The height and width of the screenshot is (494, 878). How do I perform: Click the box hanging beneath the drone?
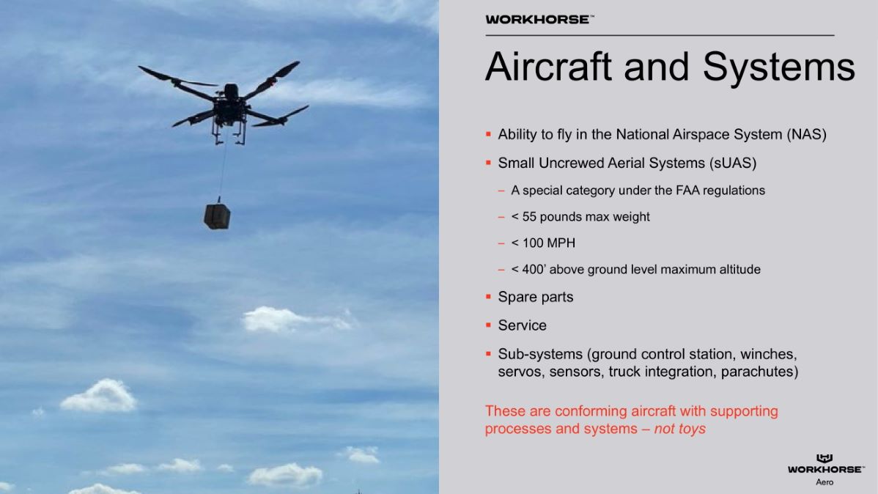click(x=217, y=216)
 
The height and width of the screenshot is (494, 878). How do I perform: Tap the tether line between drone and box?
click(x=222, y=170)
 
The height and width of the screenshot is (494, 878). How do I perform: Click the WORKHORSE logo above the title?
click(x=539, y=20)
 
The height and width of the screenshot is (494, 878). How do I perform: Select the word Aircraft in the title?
click(x=548, y=67)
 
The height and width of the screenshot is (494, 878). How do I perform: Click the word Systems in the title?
click(x=779, y=67)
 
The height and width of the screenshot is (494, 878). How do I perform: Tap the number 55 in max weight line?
click(x=529, y=217)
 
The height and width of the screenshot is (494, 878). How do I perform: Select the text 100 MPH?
click(x=549, y=243)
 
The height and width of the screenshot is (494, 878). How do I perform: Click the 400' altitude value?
click(x=534, y=270)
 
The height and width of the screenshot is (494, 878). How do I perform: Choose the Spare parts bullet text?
click(x=536, y=297)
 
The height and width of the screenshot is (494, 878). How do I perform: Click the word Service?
click(x=523, y=325)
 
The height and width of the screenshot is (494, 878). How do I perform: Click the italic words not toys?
click(x=680, y=429)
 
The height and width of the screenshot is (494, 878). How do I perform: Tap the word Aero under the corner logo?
click(x=824, y=482)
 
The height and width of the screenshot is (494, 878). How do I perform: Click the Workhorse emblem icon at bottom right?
click(x=824, y=458)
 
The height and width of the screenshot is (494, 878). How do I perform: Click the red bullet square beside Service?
click(x=488, y=325)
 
